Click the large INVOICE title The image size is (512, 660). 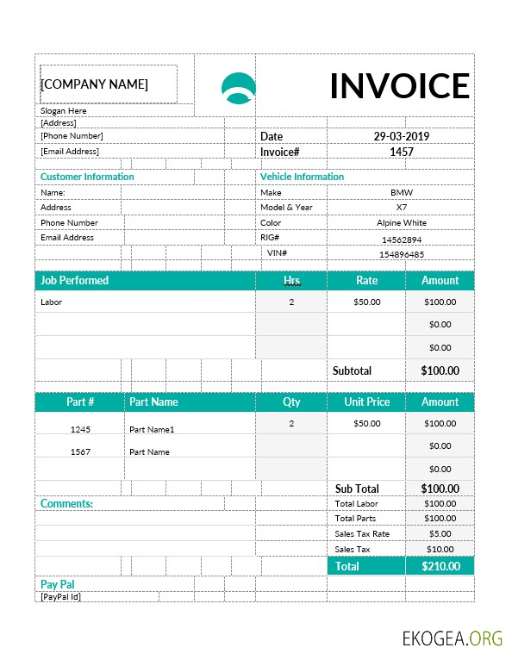[x=399, y=85]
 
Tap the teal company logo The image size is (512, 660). [x=239, y=88]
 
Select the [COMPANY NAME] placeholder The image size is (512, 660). [x=95, y=84]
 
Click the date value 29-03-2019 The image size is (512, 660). [x=401, y=136]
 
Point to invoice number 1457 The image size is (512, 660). [x=401, y=152]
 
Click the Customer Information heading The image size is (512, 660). [x=87, y=177]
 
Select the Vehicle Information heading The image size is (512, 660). [x=302, y=177]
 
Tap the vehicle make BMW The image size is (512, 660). [x=401, y=193]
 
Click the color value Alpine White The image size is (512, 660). [x=401, y=223]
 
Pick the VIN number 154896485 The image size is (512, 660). [x=401, y=254]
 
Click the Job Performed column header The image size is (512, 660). [x=75, y=280]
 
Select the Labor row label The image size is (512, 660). [x=52, y=302]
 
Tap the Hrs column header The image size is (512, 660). [x=291, y=280]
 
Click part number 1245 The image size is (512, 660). [x=80, y=429]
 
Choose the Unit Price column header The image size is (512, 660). [x=366, y=402]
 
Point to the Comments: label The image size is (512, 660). [x=67, y=503]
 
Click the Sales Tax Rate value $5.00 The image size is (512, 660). [x=440, y=534]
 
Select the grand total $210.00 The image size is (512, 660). [x=440, y=566]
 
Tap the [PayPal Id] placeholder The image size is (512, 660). [x=60, y=596]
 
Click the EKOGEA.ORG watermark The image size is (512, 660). [x=452, y=638]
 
